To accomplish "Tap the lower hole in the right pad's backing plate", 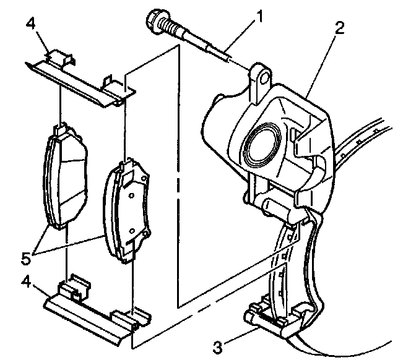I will coord(132,231).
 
